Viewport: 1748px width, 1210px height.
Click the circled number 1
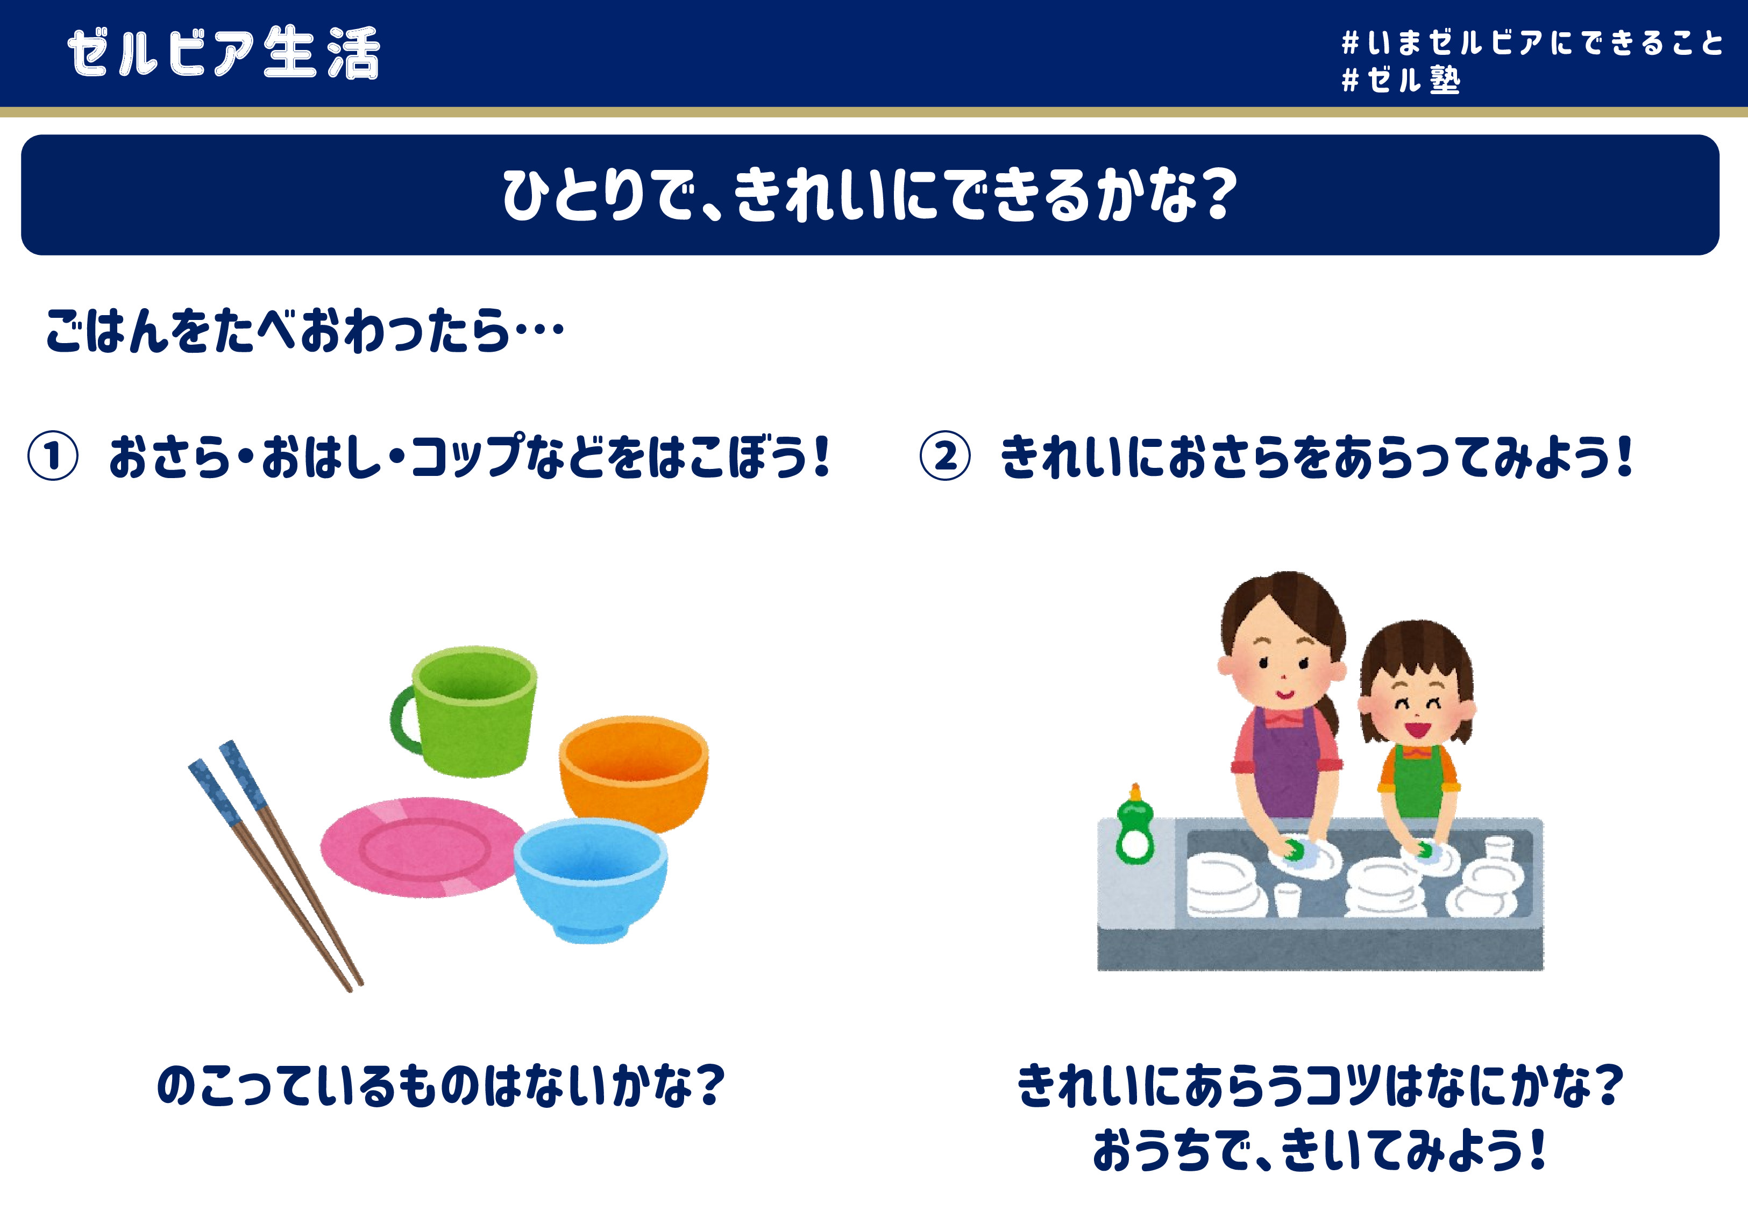point(53,457)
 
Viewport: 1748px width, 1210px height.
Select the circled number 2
point(944,457)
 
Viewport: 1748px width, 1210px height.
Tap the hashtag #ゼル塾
point(1401,80)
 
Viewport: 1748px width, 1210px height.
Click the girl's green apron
point(1416,781)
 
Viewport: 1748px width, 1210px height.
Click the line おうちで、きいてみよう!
point(1319,1151)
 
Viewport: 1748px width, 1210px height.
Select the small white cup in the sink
point(1287,899)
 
